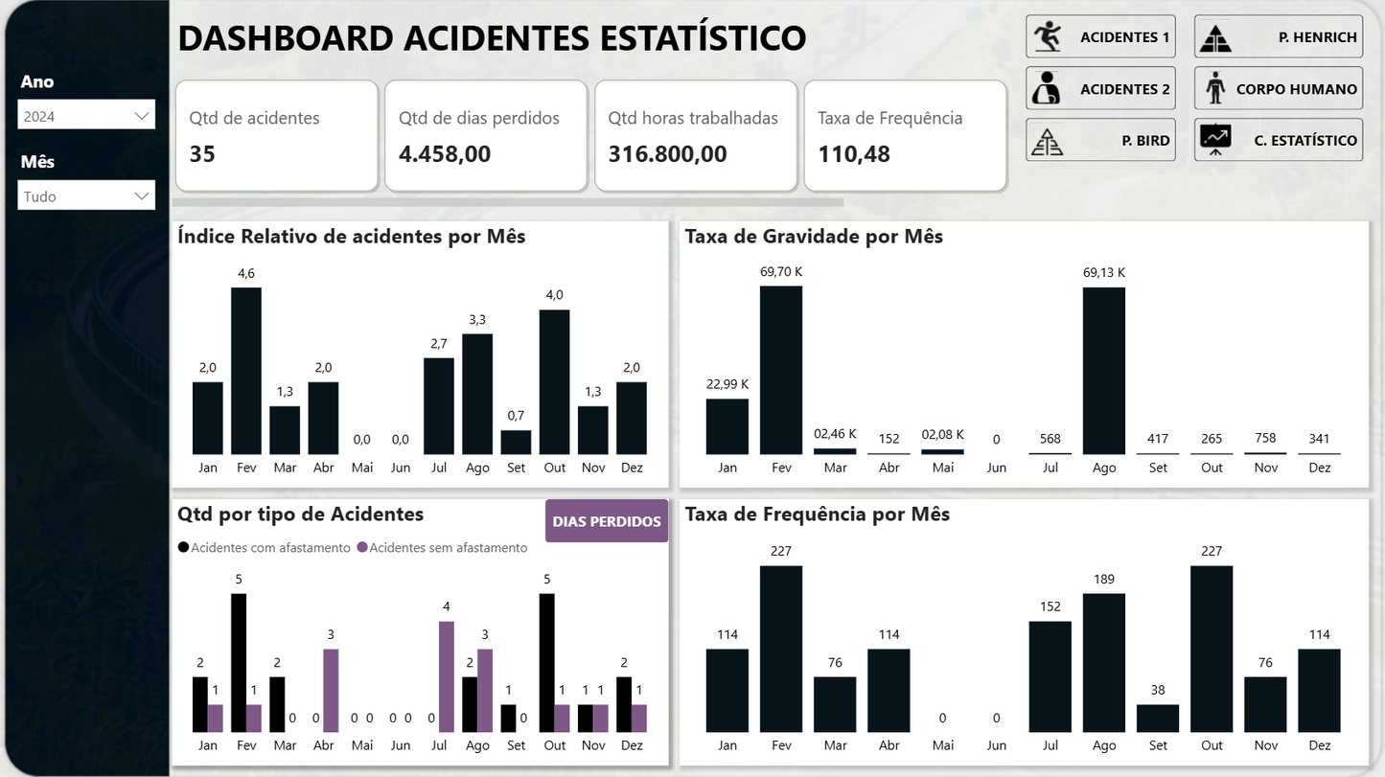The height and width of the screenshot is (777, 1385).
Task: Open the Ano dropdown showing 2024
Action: [x=86, y=116]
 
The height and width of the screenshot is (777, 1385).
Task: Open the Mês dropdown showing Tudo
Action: [x=86, y=196]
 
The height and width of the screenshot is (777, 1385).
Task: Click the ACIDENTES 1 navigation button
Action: [x=1100, y=37]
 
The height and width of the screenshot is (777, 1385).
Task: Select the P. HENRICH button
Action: [x=1278, y=37]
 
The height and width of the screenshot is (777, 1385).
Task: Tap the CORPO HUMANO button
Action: [x=1278, y=89]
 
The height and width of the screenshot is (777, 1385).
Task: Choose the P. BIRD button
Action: [x=1100, y=140]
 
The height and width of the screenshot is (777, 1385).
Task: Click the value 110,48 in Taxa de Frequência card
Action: [x=854, y=153]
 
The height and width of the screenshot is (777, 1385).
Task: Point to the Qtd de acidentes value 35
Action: [x=202, y=153]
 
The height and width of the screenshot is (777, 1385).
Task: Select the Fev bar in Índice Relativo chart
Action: [x=246, y=371]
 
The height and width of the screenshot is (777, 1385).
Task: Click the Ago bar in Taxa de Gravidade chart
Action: [x=1104, y=371]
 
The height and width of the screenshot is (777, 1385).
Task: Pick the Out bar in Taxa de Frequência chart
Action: [x=1212, y=649]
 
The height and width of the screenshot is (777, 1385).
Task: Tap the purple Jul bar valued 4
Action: [x=447, y=676]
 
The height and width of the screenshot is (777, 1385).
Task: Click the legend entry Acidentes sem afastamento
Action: [x=448, y=548]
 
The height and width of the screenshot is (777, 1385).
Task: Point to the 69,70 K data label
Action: [x=781, y=272]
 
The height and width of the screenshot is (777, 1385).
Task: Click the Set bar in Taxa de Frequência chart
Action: [x=1158, y=719]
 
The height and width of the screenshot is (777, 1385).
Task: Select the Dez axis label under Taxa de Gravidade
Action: [x=1320, y=468]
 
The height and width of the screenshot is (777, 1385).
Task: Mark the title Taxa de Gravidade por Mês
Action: [x=814, y=237]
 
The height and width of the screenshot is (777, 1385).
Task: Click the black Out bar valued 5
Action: [x=547, y=663]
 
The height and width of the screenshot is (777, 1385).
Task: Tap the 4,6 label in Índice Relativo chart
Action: [x=246, y=274]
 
